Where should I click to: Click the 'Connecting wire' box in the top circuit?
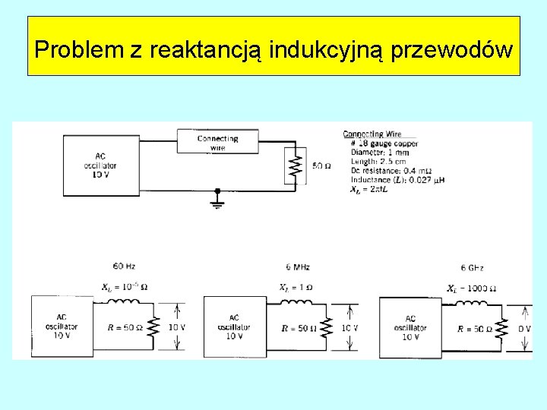(x=217, y=142)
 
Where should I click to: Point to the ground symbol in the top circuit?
(x=217, y=200)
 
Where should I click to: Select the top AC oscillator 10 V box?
(x=101, y=165)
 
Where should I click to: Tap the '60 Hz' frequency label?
(x=123, y=266)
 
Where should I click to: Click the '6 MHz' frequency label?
(x=298, y=267)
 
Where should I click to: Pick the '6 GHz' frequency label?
(x=472, y=268)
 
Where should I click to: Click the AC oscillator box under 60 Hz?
(x=62, y=326)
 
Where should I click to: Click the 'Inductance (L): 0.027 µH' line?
(x=392, y=180)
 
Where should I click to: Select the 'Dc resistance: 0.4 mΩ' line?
(x=388, y=171)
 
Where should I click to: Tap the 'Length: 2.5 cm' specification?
(x=378, y=161)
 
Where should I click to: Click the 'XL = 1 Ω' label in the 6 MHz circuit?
(x=296, y=288)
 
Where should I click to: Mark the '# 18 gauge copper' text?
(x=384, y=143)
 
